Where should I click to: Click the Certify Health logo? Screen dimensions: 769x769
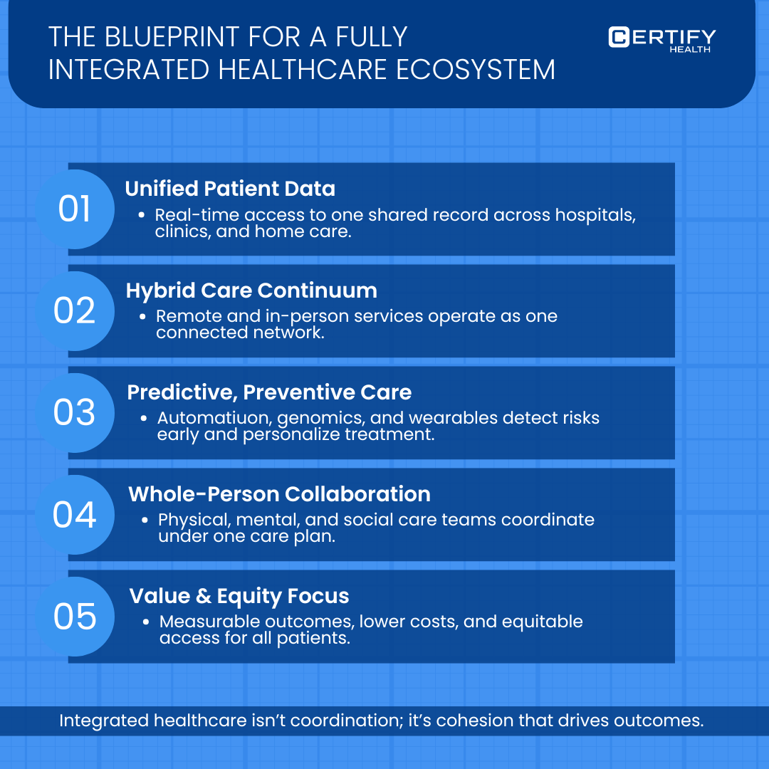pyautogui.click(x=661, y=38)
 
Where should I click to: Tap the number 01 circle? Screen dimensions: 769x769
pyautogui.click(x=75, y=209)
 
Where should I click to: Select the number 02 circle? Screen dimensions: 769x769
pyautogui.click(x=75, y=311)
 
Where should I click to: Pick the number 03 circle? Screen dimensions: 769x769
pyautogui.click(x=75, y=413)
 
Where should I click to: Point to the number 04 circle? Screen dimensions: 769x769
pyautogui.click(x=75, y=515)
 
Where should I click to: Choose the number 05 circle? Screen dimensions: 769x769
pyautogui.click(x=75, y=617)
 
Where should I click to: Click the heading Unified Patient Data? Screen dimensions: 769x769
pyautogui.click(x=230, y=189)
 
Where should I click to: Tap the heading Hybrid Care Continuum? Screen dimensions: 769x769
pyautogui.click(x=251, y=291)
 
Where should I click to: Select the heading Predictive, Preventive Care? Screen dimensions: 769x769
pyautogui.click(x=269, y=392)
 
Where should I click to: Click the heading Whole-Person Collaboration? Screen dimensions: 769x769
pyautogui.click(x=279, y=494)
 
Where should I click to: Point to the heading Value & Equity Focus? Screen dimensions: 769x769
pyautogui.click(x=239, y=596)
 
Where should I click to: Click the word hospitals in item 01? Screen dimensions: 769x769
pyautogui.click(x=587, y=214)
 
